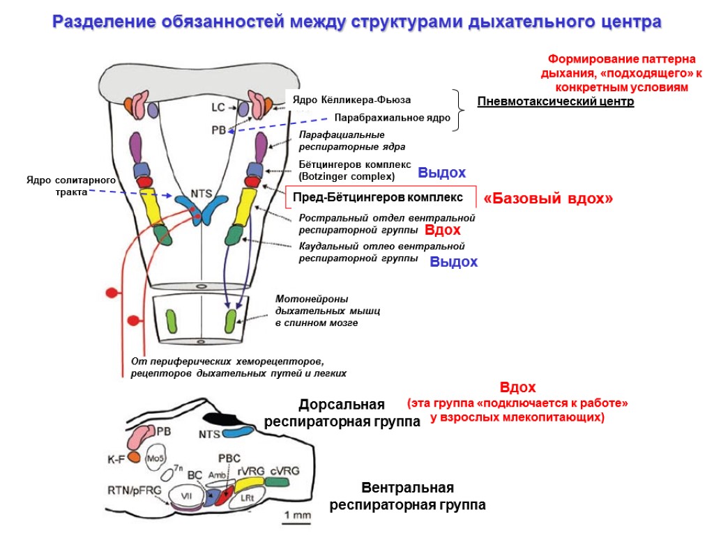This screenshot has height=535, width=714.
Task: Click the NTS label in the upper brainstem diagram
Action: point(202,192)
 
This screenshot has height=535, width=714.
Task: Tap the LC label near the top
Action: point(218,107)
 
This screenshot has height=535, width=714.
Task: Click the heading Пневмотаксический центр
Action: point(556,102)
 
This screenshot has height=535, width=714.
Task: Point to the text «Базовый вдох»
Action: point(548,199)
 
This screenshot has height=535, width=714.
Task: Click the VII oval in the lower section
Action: point(186,495)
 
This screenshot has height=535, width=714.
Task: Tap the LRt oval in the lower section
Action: point(245,498)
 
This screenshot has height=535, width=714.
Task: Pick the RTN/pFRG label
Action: point(135,490)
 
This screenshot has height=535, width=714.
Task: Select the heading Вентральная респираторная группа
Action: point(408,496)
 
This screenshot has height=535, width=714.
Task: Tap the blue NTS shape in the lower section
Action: point(238,433)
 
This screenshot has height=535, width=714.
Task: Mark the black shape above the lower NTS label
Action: point(221,419)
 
